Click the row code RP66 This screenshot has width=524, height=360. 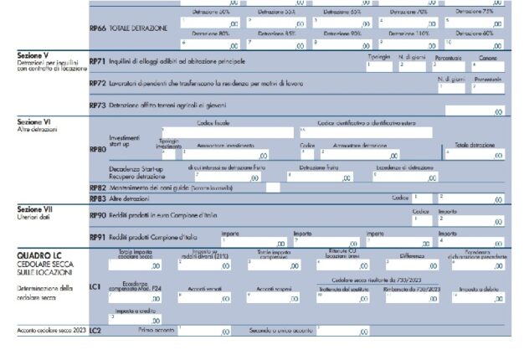98,28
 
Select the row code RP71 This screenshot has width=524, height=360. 97,61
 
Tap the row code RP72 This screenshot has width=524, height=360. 97,84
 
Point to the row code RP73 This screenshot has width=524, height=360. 97,106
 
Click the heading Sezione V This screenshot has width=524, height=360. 34,54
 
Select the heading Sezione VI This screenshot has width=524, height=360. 35,121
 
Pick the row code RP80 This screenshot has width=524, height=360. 97,149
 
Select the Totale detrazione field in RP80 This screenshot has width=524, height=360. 473,154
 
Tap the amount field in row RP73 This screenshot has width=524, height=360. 474,110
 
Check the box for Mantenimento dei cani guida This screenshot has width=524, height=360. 273,188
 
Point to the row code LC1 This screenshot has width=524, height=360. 95,287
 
